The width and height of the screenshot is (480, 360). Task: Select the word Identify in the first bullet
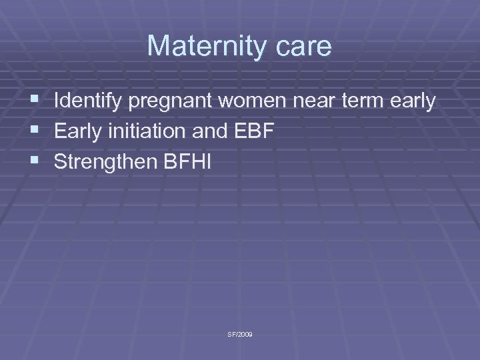pyautogui.click(x=83, y=102)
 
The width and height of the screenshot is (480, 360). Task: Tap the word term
pyautogui.click(x=360, y=101)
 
